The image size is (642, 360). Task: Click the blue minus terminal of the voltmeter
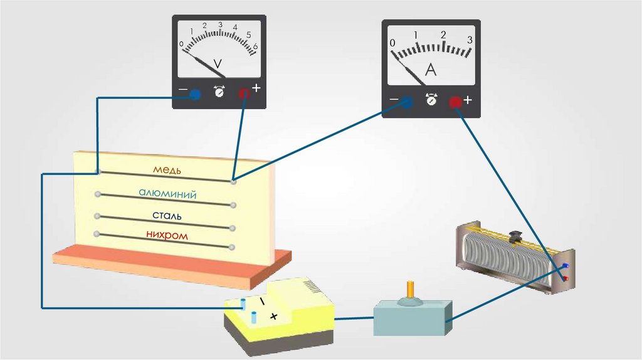(194, 94)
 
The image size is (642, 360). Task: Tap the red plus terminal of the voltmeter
(244, 93)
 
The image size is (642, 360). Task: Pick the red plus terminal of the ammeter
(455, 101)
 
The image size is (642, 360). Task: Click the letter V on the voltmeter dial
(218, 64)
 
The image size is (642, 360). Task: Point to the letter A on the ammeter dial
(431, 70)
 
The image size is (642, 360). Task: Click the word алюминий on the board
(167, 194)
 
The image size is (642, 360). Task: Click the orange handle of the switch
(411, 289)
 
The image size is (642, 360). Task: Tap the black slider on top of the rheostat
(517, 236)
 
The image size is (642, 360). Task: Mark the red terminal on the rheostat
(566, 277)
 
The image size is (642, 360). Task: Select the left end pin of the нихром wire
(97, 234)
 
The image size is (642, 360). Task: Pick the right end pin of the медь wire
(233, 182)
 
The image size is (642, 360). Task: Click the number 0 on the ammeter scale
(392, 43)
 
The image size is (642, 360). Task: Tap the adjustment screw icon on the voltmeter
(219, 92)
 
